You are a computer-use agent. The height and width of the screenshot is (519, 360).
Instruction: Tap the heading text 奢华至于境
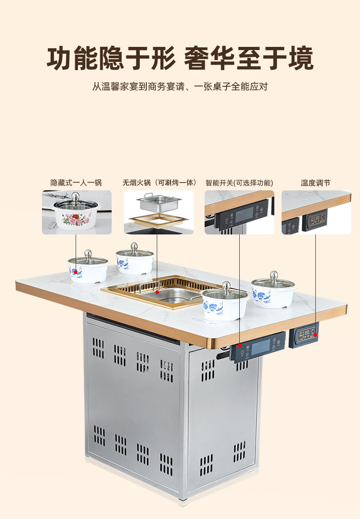coord(248,60)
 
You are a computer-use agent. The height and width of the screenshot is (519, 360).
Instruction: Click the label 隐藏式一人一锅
coord(76,183)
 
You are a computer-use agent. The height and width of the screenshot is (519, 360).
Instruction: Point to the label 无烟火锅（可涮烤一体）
coord(159,183)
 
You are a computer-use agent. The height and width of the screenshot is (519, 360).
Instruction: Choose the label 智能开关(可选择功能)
coord(239,183)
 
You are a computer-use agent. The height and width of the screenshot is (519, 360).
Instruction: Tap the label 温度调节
coord(316,183)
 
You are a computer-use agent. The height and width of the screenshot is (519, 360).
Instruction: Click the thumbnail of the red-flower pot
coord(77,212)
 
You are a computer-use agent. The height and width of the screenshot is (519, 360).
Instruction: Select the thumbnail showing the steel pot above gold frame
coord(159,212)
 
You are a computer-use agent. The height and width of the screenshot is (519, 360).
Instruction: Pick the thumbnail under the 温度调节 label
coord(316,212)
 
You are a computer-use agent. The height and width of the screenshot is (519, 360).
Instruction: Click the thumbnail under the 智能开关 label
coord(239,212)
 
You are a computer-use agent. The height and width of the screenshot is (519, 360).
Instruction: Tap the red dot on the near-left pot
coord(76,272)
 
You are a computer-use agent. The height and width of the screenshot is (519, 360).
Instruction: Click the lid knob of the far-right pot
coord(273,275)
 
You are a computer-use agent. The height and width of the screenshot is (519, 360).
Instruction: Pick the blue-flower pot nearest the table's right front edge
coord(226,303)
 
